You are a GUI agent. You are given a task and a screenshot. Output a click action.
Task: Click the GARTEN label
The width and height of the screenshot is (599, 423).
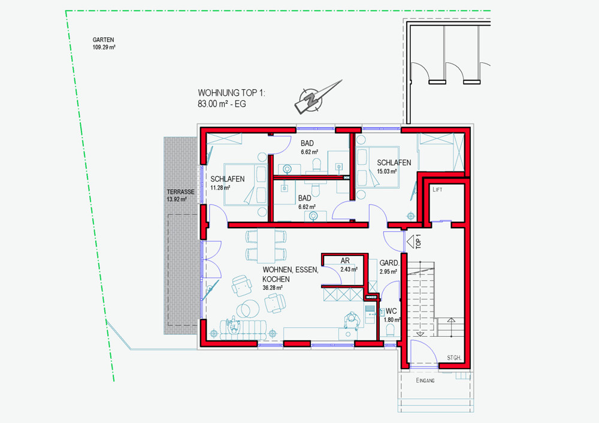(x=103, y=40)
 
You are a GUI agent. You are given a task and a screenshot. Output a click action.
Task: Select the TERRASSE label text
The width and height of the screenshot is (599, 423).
(x=180, y=192)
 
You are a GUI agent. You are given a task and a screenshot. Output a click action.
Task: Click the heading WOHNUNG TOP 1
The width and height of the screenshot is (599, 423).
(x=231, y=93)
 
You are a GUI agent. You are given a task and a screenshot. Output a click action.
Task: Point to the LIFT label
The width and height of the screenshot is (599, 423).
(x=437, y=189)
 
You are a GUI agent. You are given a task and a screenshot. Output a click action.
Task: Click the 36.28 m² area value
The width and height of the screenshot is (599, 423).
(x=273, y=288)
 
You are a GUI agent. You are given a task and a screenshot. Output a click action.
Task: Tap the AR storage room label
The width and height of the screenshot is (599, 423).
(x=345, y=261)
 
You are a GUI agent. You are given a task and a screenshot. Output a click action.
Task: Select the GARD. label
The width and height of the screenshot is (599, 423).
(x=389, y=263)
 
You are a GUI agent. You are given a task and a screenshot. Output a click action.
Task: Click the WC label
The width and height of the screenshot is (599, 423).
(x=391, y=311)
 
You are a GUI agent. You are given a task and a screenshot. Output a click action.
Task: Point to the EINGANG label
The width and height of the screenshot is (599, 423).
(x=425, y=380)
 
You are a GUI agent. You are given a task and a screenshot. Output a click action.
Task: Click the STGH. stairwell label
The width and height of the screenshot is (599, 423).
(x=454, y=358)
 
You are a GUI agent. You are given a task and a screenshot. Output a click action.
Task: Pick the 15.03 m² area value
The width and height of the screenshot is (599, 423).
(x=387, y=171)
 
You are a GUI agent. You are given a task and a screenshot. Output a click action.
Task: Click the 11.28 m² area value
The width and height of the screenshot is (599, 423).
(x=220, y=188)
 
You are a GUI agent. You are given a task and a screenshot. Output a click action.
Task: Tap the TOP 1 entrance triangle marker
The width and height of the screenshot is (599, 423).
(x=411, y=242)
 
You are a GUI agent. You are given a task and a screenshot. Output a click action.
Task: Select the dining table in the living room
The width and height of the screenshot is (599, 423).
(x=266, y=244)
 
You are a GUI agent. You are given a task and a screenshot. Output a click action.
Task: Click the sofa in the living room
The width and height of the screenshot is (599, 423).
(x=243, y=330)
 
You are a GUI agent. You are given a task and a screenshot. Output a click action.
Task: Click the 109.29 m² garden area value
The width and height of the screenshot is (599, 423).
(x=104, y=47)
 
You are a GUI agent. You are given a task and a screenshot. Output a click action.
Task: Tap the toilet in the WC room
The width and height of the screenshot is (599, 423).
(x=390, y=330)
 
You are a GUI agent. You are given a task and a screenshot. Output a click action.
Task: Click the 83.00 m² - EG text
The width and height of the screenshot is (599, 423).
(x=222, y=104)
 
